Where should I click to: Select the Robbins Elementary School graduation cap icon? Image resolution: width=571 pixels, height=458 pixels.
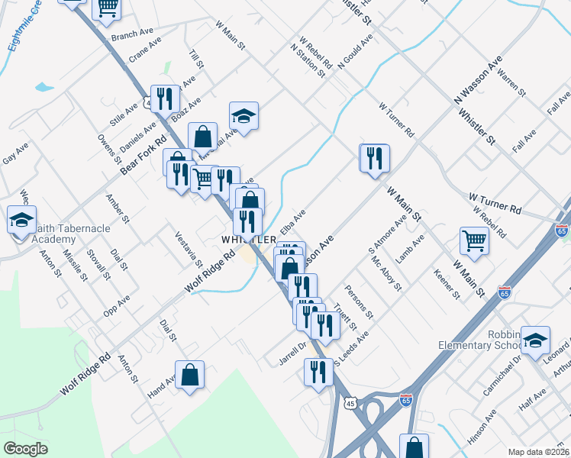point(536,339)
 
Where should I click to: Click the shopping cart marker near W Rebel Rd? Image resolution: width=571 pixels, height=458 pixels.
point(474,240)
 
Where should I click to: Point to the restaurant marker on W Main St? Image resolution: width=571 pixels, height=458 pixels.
point(374,158)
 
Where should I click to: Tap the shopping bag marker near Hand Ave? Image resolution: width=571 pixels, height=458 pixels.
point(190,375)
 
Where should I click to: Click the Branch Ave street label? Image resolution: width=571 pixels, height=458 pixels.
point(127,36)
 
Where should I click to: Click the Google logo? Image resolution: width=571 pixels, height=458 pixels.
point(25,448)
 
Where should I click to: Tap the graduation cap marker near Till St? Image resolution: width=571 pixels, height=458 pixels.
point(244,115)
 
